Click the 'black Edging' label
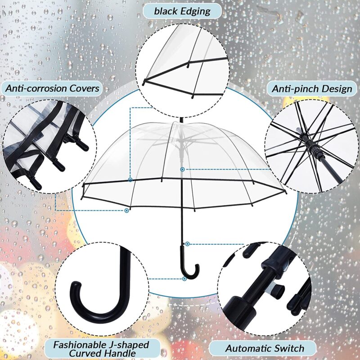coord(182,11)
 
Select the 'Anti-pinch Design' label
coord(312,88)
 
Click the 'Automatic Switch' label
coord(264,348)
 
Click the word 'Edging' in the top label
coord(195,11)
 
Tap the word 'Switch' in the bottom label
coord(288,348)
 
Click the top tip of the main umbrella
coord(180,120)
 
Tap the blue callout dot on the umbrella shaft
coord(182,169)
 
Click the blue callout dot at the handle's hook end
coord(184,279)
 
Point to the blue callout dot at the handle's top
coord(187,244)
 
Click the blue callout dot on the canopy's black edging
coord(130,180)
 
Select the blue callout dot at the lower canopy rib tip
coord(127,210)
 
